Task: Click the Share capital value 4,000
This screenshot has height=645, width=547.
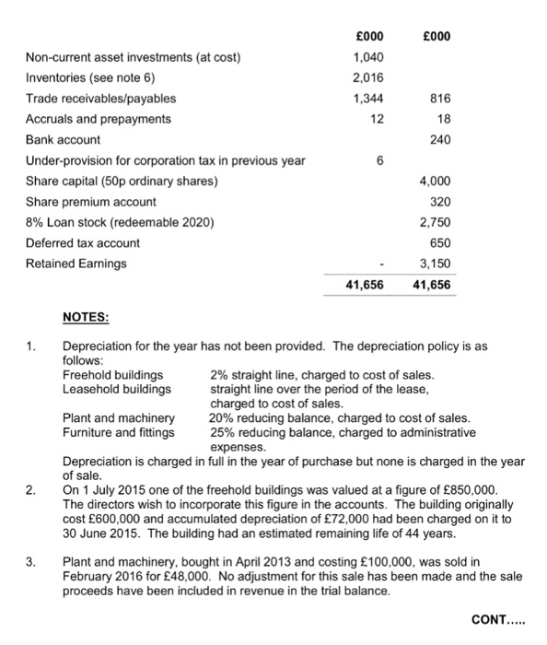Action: (x=436, y=181)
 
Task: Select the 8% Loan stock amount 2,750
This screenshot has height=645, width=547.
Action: (x=436, y=222)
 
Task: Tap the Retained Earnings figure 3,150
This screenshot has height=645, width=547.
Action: (x=436, y=264)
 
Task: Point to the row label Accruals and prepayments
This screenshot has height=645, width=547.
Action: (x=98, y=119)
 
